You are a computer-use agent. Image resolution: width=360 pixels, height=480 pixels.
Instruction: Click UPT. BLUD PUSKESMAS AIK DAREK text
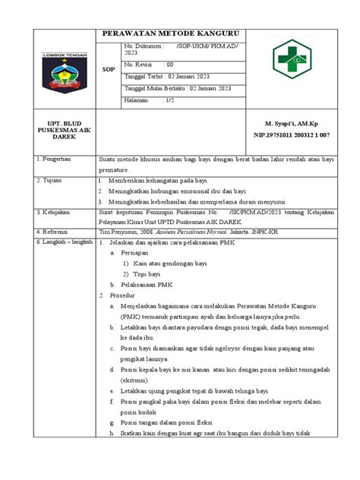pyautogui.click(x=65, y=129)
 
